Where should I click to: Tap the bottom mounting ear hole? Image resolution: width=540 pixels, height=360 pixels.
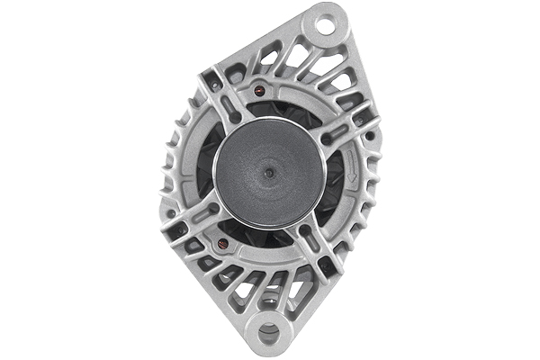(267, 335)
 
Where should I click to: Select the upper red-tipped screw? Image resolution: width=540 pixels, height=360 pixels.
(259, 90)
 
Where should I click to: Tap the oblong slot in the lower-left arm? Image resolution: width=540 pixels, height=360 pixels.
(202, 212)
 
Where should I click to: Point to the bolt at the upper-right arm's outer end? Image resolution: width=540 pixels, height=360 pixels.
(364, 117)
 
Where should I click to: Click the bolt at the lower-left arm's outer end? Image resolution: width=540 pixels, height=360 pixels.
(173, 229)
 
